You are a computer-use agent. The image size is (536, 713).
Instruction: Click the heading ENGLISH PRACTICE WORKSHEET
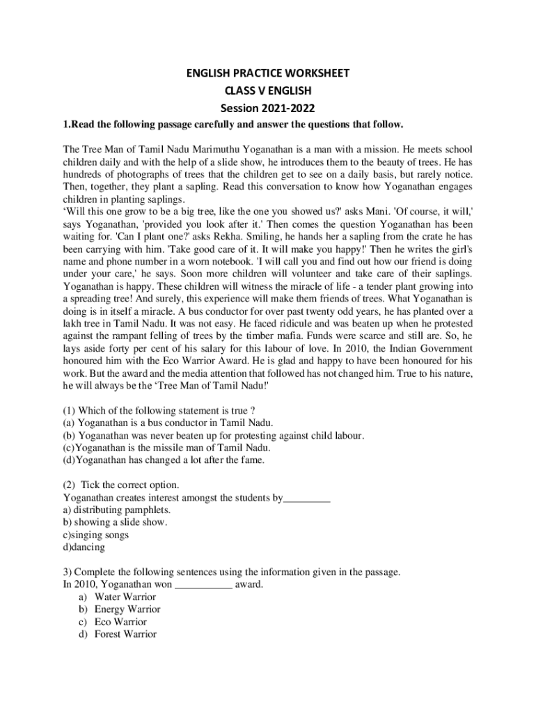pyautogui.click(x=268, y=73)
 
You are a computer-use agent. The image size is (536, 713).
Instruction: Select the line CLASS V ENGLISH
pyautogui.click(x=268, y=91)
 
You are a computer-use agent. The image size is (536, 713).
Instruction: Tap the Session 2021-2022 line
pyautogui.click(x=268, y=108)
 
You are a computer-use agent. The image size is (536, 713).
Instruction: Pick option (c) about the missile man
pyautogui.click(x=166, y=448)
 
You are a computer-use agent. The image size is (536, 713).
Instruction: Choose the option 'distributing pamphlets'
pyautogui.click(x=116, y=509)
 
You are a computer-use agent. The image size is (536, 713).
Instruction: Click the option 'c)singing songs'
pyautogui.click(x=96, y=534)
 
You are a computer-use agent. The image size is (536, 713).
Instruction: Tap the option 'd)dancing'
pyautogui.click(x=84, y=547)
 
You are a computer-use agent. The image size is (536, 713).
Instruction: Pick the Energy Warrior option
pyautogui.click(x=127, y=609)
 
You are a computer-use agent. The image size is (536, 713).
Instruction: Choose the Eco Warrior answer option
pyautogui.click(x=120, y=622)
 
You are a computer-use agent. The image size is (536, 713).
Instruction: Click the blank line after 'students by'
pyautogui.click(x=307, y=498)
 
